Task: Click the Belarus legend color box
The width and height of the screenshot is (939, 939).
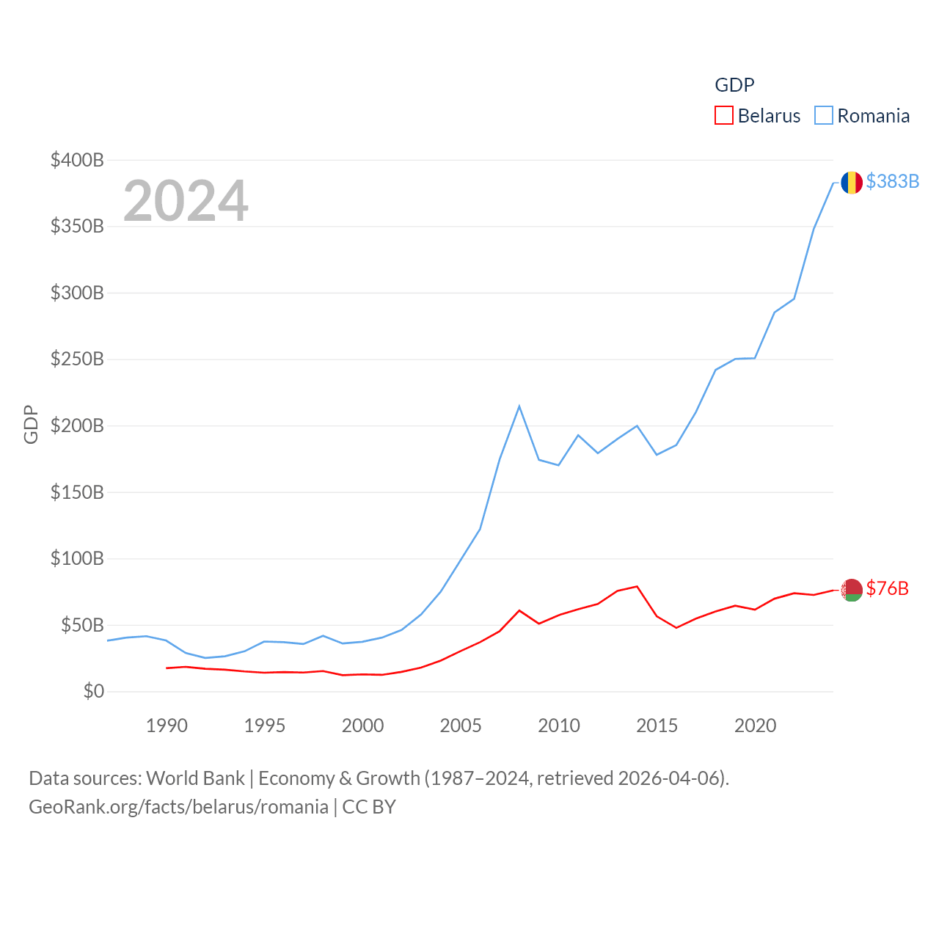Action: [724, 116]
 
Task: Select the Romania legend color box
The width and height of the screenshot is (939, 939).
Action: [824, 116]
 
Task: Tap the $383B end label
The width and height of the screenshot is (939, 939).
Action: [892, 181]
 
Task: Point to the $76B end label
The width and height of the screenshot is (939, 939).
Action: [887, 588]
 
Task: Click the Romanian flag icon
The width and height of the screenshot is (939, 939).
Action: [851, 182]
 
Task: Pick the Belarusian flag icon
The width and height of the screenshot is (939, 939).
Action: [851, 589]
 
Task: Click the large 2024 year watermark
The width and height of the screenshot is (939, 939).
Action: [186, 201]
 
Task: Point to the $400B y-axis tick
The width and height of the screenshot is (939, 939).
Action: [77, 160]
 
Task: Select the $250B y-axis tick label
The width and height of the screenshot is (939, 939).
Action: [77, 359]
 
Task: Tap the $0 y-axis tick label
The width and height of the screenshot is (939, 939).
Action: [93, 691]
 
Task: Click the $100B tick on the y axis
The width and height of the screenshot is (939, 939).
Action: [77, 558]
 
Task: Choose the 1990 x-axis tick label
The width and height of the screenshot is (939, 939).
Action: [167, 726]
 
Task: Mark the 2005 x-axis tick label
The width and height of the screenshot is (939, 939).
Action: [461, 726]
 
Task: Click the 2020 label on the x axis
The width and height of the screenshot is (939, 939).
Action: [755, 726]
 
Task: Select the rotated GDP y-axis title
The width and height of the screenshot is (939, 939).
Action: [31, 424]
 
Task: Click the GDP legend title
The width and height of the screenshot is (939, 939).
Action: [734, 85]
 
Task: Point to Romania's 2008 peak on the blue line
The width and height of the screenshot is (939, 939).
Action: [519, 406]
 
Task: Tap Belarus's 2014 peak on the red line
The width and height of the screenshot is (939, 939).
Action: [637, 586]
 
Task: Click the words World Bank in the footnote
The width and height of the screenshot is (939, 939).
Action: [195, 778]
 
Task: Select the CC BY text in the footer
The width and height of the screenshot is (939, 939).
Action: [369, 807]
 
